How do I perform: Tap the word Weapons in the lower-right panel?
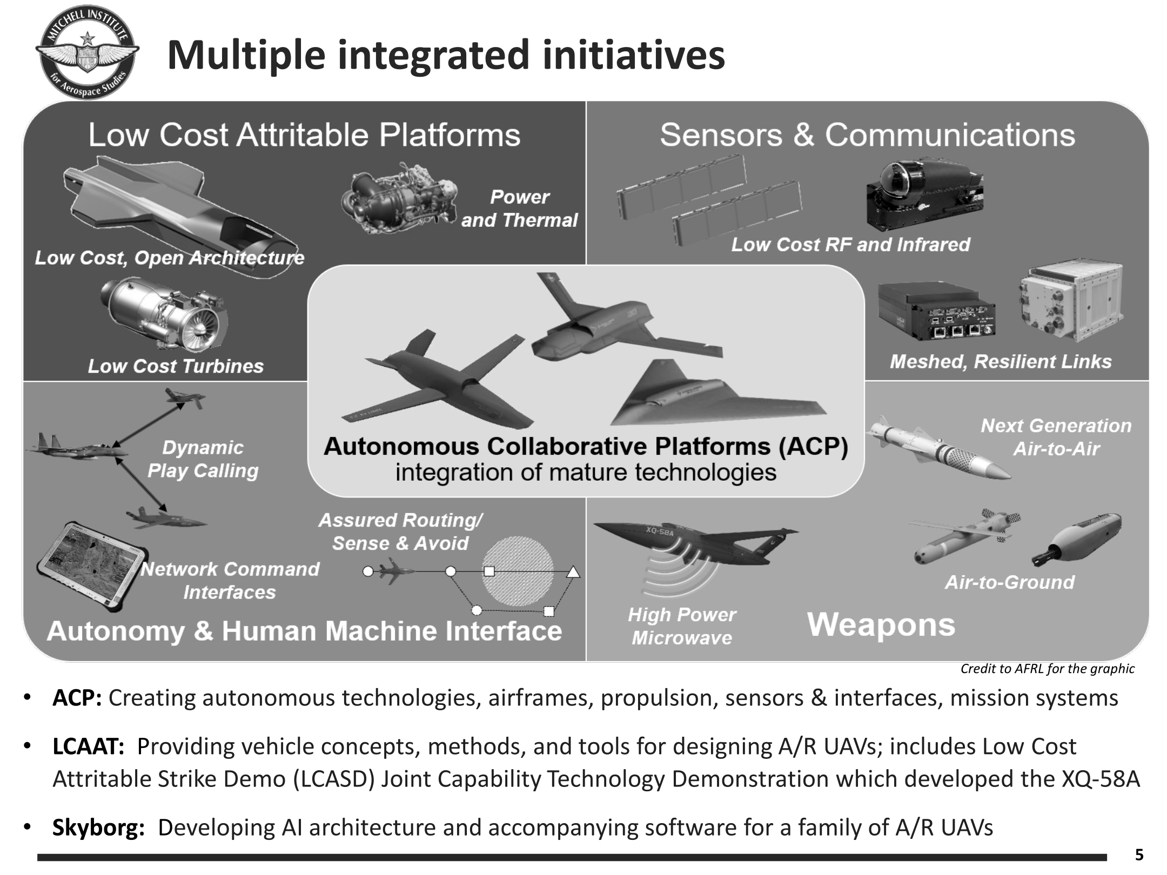[x=881, y=625]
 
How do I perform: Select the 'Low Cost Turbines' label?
[x=176, y=366]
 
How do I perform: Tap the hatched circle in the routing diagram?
[x=518, y=571]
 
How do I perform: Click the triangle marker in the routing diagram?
[x=573, y=571]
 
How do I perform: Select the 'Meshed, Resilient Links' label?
[x=1001, y=361]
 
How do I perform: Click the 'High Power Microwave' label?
[x=682, y=626]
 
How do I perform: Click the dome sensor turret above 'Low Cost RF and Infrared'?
[x=924, y=196]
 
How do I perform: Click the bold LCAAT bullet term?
[x=89, y=746]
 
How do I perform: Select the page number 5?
[x=1139, y=855]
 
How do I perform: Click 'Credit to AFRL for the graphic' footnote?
[x=1048, y=669]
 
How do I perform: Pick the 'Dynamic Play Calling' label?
[x=203, y=459]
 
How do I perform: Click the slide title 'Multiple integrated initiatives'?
[x=446, y=55]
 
